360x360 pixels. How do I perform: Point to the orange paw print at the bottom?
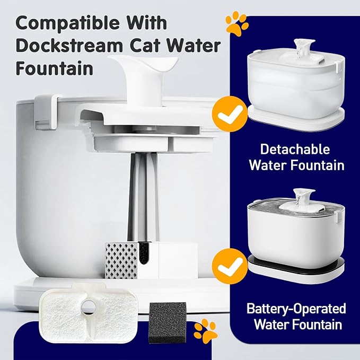(x=205, y=330)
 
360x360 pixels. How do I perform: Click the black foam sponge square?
(x=168, y=318)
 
